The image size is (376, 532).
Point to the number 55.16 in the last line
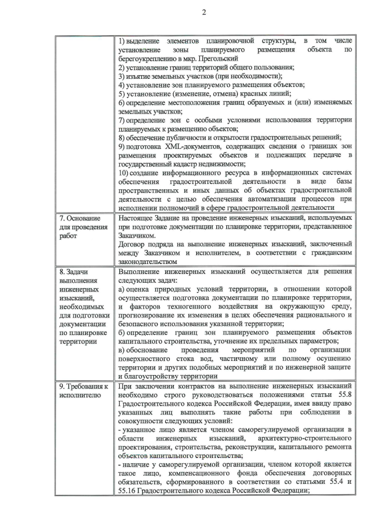click(132, 490)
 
